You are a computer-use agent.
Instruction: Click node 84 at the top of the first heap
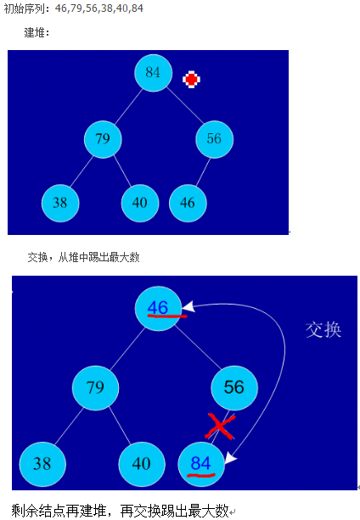[x=154, y=73]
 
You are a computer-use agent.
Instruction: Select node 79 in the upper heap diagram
[x=103, y=139]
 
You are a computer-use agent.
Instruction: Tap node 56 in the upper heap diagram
[x=214, y=139]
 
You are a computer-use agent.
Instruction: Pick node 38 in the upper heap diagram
[x=60, y=203]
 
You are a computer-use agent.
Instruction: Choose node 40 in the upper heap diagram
[x=140, y=203]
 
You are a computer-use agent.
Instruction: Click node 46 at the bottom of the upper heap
[x=188, y=203]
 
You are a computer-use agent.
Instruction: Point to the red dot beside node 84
[x=191, y=79]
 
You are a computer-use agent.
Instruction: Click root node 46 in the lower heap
[x=158, y=309]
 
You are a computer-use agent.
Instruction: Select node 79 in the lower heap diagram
[x=96, y=388]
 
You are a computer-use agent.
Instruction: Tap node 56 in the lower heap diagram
[x=234, y=388]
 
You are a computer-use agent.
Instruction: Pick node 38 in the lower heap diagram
[x=42, y=464]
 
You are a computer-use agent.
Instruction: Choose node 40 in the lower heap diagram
[x=142, y=464]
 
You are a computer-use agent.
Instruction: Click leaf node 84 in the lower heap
[x=201, y=464]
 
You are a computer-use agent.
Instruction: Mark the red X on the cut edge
[x=220, y=426]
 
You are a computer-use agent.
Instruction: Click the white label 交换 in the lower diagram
[x=323, y=330]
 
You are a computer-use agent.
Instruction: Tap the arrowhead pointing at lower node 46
[x=188, y=306]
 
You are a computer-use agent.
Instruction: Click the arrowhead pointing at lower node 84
[x=231, y=458]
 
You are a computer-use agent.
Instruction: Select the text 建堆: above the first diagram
[x=37, y=32]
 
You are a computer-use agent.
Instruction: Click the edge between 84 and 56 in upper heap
[x=185, y=105]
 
